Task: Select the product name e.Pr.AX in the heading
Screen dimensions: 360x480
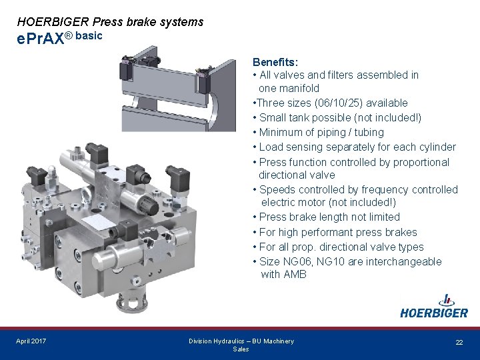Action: (x=40, y=39)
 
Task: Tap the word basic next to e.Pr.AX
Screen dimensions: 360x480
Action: (x=89, y=35)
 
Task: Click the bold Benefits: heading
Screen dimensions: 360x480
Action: (x=275, y=62)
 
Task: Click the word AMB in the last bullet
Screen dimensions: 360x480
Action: (x=295, y=274)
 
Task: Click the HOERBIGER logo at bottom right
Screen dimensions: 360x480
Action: (x=433, y=308)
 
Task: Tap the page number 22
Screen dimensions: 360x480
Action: (x=459, y=342)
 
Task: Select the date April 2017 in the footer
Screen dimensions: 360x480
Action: (x=31, y=341)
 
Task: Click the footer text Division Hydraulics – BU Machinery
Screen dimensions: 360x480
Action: (x=241, y=341)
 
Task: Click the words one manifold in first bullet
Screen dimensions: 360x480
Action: (x=289, y=88)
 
